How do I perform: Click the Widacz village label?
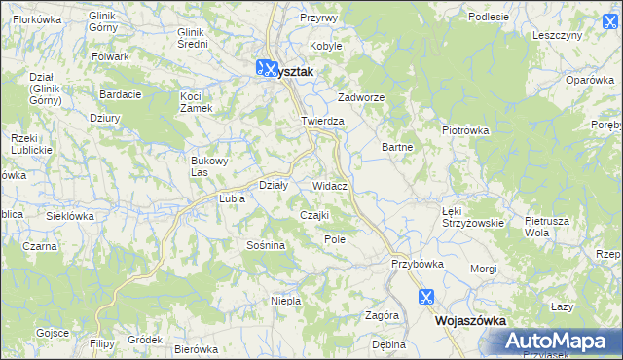331,185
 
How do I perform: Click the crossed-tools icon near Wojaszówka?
425,297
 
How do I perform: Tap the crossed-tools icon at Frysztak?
265,68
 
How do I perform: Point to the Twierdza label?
322,121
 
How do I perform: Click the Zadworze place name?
362,98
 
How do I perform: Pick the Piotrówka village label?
464,130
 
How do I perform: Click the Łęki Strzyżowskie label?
472,216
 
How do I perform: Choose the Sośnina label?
266,245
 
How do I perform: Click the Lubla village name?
232,198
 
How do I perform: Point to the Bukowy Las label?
209,166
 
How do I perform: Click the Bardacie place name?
121,94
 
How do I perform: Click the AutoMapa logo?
556,342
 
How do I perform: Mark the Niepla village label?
285,301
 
